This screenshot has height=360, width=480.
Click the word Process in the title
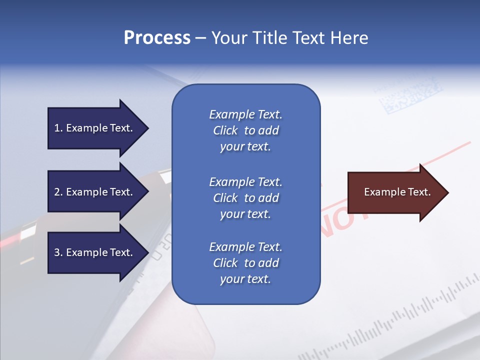click(157, 37)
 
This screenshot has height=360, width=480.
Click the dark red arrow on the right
click(395, 192)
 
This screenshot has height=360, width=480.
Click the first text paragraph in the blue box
click(245, 130)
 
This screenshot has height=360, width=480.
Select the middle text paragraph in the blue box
click(245, 198)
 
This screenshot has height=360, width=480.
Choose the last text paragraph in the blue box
click(245, 263)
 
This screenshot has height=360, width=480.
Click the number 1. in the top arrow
click(58, 128)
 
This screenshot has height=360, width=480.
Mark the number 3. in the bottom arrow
click(58, 252)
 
